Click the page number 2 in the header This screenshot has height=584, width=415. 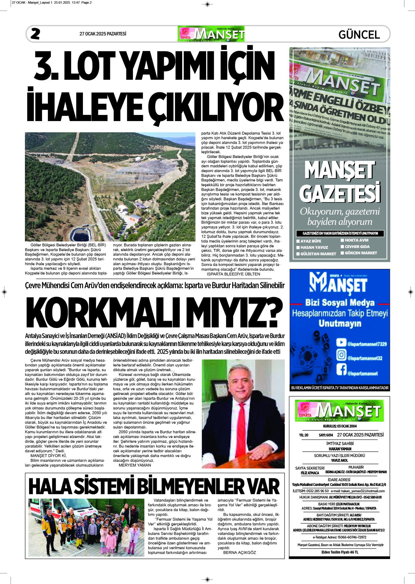pos(35,34)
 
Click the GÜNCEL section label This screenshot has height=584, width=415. pos(359,34)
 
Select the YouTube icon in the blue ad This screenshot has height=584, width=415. pos(341,342)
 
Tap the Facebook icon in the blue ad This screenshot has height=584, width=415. pos(341,369)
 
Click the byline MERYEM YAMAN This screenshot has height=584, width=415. pos(135,465)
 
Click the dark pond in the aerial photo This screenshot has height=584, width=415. pos(80,235)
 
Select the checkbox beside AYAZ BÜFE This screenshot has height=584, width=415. pos(298,241)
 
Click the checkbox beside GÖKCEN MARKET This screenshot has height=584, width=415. pos(342,253)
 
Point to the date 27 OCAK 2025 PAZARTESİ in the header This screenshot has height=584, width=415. pos(103,34)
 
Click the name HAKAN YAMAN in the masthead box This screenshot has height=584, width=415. pos(340,449)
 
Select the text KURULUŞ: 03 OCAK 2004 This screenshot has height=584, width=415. pos(340,426)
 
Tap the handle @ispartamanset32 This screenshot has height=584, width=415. pos(365,358)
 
